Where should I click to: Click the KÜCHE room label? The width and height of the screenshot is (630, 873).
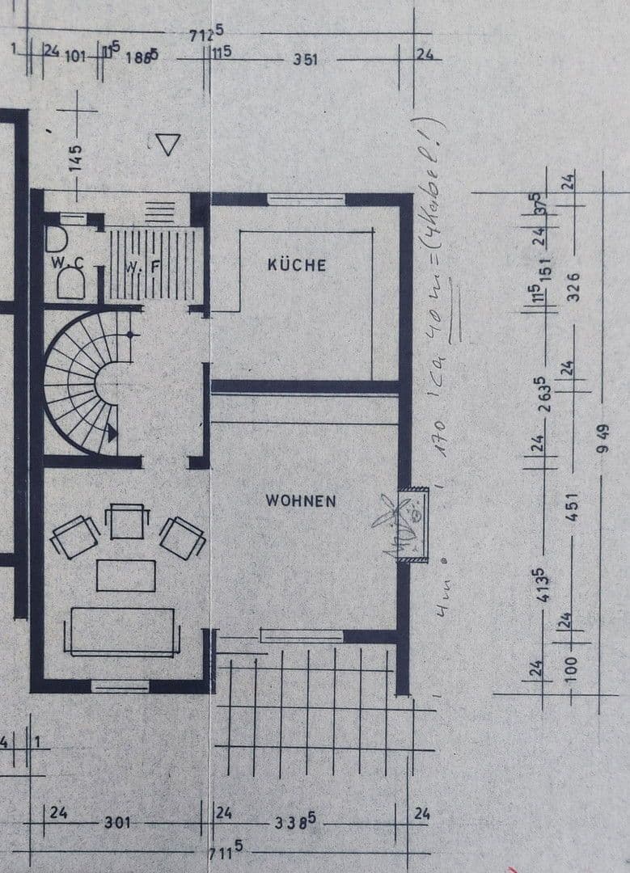coord(297,264)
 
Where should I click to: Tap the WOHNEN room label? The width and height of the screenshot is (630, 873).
coord(300,501)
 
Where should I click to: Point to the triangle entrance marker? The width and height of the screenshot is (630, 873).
coord(167,145)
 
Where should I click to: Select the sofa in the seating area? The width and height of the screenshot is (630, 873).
coord(123,631)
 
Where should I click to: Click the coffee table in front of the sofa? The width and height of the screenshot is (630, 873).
coord(125,576)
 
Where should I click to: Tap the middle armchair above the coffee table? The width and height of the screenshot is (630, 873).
coord(127,521)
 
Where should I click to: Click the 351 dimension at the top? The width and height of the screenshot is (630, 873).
coord(306,60)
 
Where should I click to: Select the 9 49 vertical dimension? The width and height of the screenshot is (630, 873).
coord(602,439)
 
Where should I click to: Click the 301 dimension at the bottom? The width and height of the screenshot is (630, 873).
coord(117,823)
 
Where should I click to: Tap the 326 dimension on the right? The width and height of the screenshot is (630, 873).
coord(573,284)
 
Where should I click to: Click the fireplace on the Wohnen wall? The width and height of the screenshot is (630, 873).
coord(415,525)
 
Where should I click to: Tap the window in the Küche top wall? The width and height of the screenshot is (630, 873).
coord(306,199)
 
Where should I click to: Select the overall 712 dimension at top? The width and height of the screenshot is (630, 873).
coord(205,34)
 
